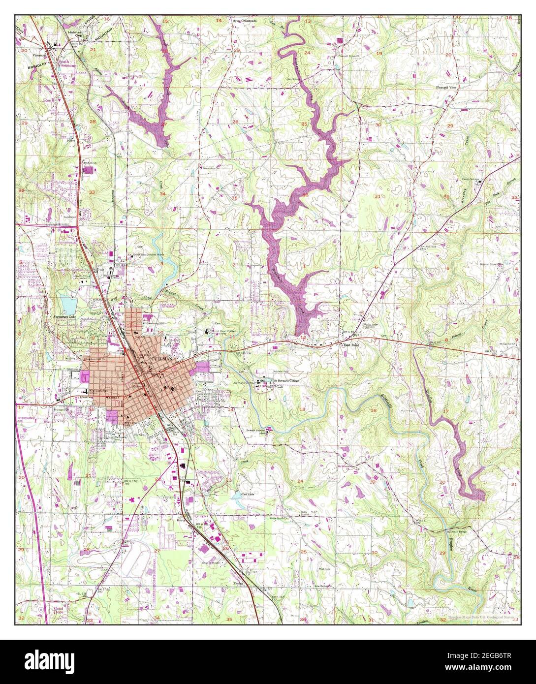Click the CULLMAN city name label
[162, 360]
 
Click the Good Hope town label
[59, 611]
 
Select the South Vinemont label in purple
[67, 62]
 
